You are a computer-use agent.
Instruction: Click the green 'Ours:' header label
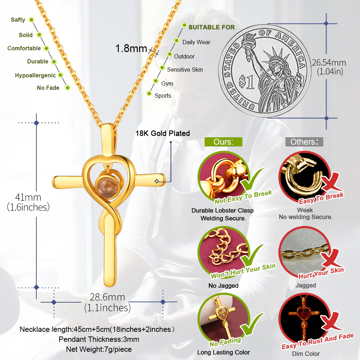point(223,142)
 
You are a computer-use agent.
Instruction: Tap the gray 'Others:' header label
point(304,142)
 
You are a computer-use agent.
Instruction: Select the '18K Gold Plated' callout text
point(163,133)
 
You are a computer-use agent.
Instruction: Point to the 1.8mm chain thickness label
point(131,48)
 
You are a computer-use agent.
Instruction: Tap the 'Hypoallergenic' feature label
point(35,75)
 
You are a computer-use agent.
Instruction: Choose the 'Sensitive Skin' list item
point(185,70)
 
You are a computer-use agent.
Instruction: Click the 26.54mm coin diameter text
point(329,63)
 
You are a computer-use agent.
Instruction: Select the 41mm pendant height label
point(28,197)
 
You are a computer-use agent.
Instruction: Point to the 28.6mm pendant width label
point(107,297)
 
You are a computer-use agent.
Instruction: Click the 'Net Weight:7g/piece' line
point(99,349)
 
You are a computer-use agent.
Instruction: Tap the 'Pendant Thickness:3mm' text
point(99,339)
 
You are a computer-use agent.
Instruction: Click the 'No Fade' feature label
point(48,88)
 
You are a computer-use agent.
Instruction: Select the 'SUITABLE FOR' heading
point(212,27)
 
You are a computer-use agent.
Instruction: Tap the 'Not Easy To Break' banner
point(243,197)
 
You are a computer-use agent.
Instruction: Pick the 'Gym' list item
point(167,83)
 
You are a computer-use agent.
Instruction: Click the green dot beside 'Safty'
point(31,20)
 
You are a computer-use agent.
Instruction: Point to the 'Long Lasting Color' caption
point(223,352)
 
